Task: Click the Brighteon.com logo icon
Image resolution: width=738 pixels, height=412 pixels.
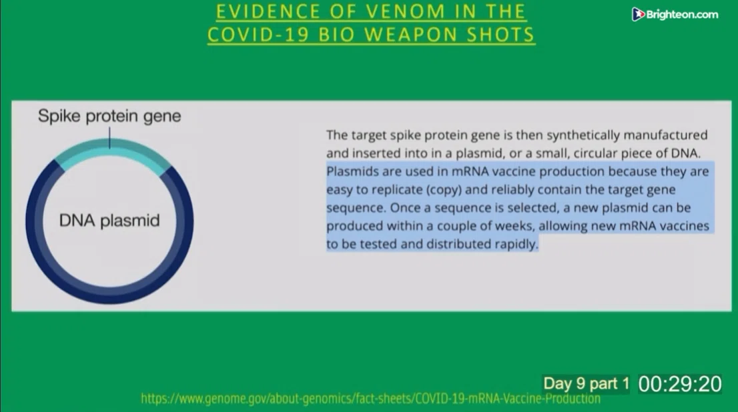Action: point(638,15)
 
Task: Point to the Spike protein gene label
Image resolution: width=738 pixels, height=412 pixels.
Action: point(109,116)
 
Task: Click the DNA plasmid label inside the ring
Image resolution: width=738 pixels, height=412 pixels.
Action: point(109,220)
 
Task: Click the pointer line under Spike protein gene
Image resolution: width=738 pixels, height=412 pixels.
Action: point(109,137)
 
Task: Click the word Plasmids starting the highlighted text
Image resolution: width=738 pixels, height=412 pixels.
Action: point(352,171)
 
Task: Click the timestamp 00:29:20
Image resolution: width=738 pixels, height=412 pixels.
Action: point(680,384)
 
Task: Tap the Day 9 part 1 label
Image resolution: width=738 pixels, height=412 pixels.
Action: point(586,384)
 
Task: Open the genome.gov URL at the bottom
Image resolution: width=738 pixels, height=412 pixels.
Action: point(370,399)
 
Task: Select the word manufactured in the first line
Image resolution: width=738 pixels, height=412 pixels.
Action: point(665,135)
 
